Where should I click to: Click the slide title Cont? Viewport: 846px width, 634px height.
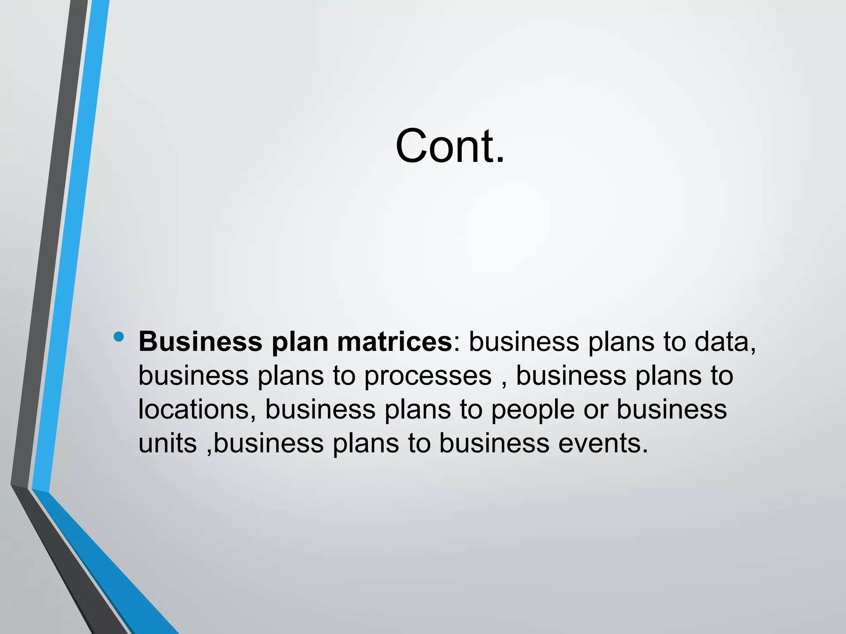(x=450, y=146)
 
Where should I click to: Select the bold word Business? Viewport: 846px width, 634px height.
(x=200, y=342)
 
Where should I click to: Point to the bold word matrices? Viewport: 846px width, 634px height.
(x=394, y=342)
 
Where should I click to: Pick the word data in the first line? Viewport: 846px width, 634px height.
(x=725, y=342)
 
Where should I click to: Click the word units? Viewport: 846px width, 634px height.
(x=167, y=444)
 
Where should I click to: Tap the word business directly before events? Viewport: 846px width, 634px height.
(x=494, y=444)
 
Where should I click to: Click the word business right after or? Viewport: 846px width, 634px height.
(x=672, y=409)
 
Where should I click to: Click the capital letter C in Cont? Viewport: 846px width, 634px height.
(x=411, y=146)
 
